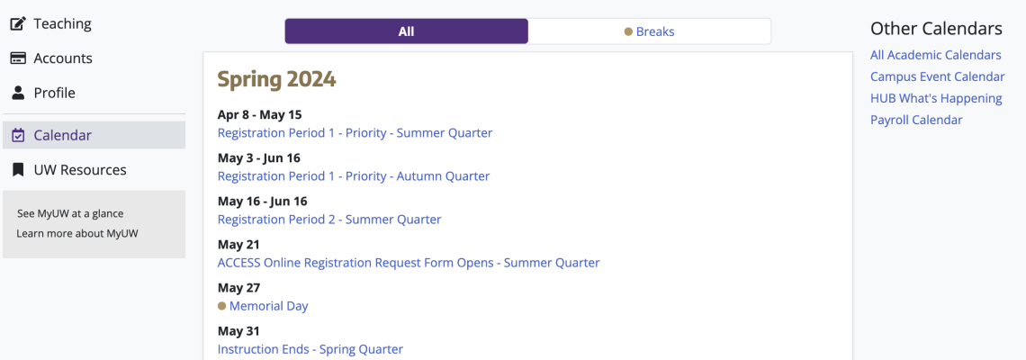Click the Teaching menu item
point(51,24)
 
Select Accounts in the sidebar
point(51,58)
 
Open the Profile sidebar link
point(43,93)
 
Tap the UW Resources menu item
point(68,170)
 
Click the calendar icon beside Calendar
point(18,136)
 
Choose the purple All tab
point(406,31)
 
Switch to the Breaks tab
point(649,31)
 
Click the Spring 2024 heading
point(277,79)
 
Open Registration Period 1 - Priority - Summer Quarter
point(355,133)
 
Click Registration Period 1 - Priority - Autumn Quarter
point(354,176)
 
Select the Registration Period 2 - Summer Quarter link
point(329,220)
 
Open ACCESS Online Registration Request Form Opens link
point(409,263)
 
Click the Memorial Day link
point(268,306)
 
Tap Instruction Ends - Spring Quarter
point(310,349)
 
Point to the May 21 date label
point(238,245)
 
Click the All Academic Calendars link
point(936,55)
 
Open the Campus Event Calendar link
point(938,76)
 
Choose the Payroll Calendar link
point(916,120)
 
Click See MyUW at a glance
point(70,213)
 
